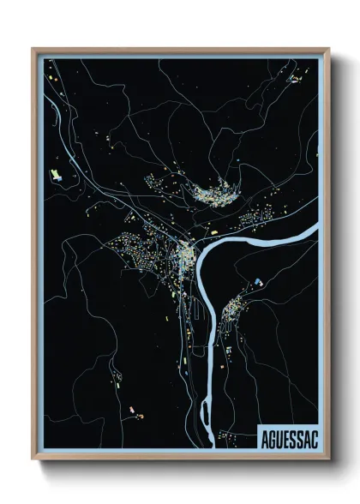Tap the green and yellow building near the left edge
tap(57, 176)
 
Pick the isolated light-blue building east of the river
tap(256, 280)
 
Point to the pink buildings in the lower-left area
tap(130, 411)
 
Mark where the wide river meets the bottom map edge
tap(207, 447)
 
